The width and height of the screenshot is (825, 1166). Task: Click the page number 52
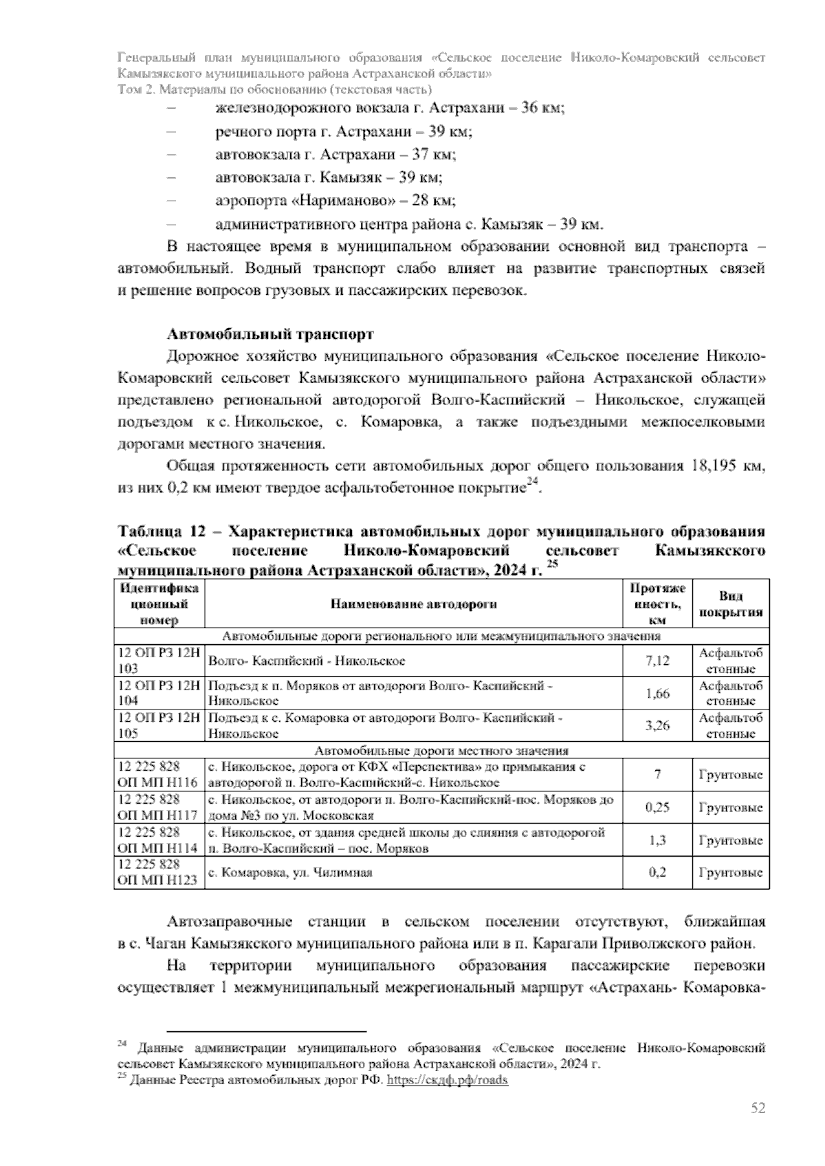pyautogui.click(x=758, y=1108)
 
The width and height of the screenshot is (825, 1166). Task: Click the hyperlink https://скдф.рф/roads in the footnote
pyautogui.click(x=448, y=1080)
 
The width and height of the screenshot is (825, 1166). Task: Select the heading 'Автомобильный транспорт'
pyautogui.click(x=271, y=335)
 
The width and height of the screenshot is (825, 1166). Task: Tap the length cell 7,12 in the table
pyautogui.click(x=657, y=661)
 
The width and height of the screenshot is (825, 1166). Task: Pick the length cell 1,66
pyautogui.click(x=657, y=693)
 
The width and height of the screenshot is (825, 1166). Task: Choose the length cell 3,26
pyautogui.click(x=657, y=725)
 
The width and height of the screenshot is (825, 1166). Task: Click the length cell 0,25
pyautogui.click(x=657, y=807)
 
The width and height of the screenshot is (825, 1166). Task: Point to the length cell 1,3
pyautogui.click(x=657, y=839)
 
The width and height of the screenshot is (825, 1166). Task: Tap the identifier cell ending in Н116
pyautogui.click(x=159, y=774)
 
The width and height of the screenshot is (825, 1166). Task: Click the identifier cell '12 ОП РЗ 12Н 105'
pyautogui.click(x=159, y=725)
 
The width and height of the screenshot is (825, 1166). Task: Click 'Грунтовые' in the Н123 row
pyautogui.click(x=731, y=872)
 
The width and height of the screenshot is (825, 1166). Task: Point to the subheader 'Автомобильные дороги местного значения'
pyautogui.click(x=441, y=750)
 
